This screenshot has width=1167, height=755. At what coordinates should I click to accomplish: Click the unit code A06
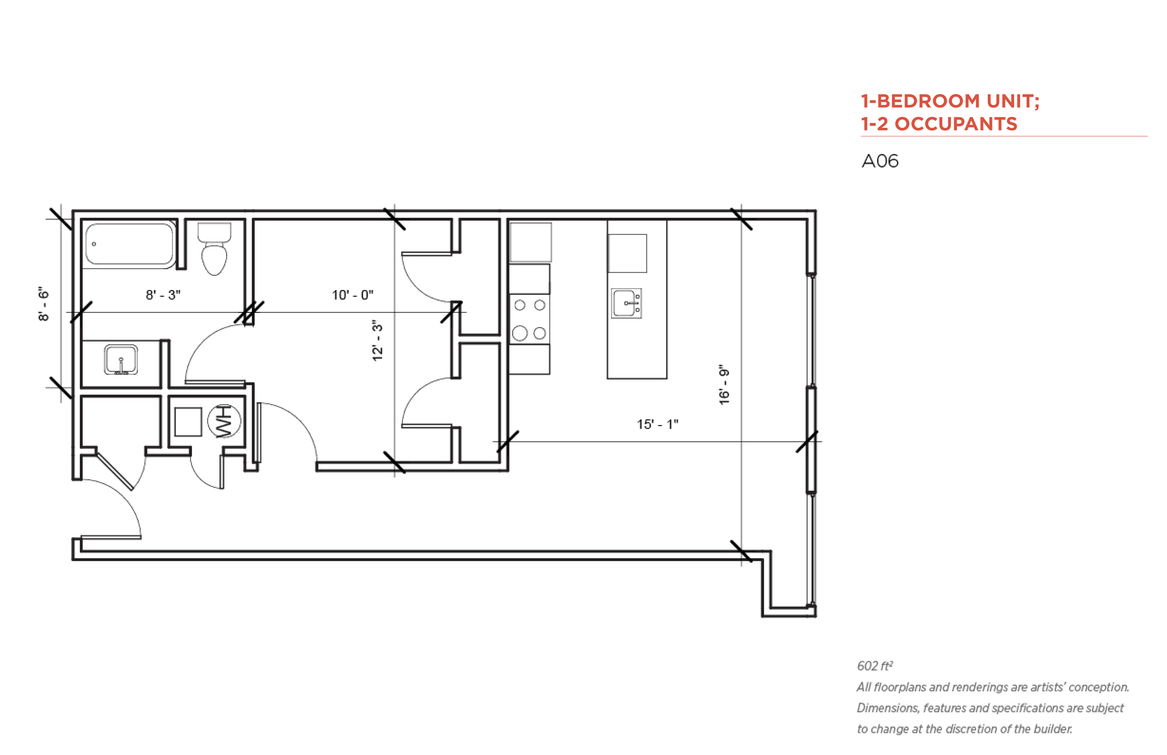pyautogui.click(x=880, y=161)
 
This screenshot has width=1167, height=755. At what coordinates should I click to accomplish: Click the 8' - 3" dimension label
pyautogui.click(x=163, y=295)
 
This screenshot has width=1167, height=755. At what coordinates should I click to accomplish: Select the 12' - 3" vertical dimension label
pyautogui.click(x=377, y=341)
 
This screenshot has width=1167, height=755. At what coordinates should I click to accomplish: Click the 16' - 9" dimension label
pyautogui.click(x=724, y=384)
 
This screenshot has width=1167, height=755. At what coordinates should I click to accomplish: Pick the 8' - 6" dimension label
pyautogui.click(x=44, y=304)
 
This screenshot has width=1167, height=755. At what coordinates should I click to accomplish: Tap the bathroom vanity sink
pyautogui.click(x=121, y=359)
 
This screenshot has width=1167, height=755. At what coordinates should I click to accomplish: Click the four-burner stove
pyautogui.click(x=530, y=319)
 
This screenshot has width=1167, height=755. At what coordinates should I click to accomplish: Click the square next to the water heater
pyautogui.click(x=188, y=422)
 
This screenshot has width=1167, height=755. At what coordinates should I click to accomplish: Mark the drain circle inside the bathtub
pyautogui.click(x=94, y=244)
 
